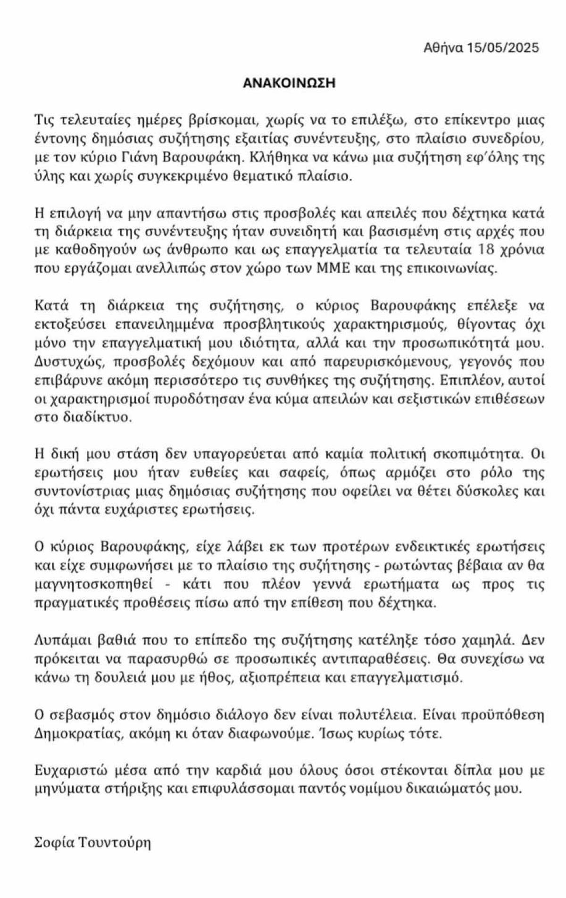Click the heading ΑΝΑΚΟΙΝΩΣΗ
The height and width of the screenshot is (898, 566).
tap(289, 83)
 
